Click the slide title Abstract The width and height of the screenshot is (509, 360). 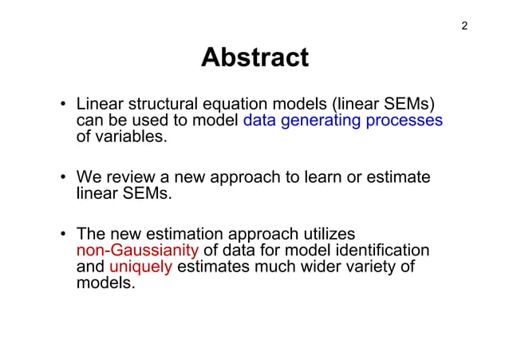254,57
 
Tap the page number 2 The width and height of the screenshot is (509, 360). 464,26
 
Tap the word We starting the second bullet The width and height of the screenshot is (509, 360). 89,177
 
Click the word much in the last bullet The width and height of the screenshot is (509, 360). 274,267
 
